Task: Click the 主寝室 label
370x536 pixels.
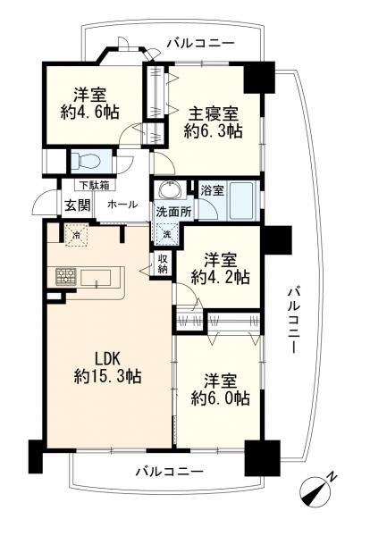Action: (213, 113)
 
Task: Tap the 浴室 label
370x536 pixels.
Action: (212, 190)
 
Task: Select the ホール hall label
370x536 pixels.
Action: (122, 205)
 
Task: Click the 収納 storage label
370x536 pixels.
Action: (163, 264)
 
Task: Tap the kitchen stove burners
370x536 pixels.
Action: (65, 276)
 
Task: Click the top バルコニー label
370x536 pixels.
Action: (200, 43)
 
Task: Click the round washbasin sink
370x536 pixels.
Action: (166, 191)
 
